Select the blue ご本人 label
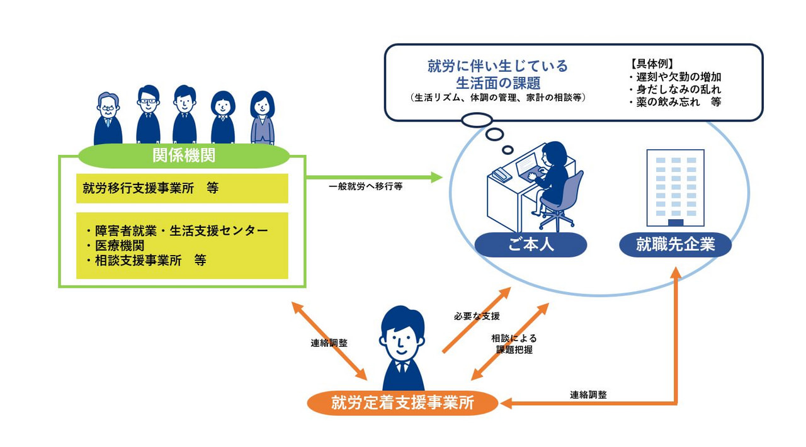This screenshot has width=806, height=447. [x=530, y=244]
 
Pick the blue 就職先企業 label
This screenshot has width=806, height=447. [x=675, y=244]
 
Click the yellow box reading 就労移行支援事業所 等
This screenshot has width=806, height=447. [x=182, y=188]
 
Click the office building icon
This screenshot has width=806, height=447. [x=675, y=188]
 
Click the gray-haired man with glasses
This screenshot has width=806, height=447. [x=108, y=119]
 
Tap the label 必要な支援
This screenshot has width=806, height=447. [x=477, y=315]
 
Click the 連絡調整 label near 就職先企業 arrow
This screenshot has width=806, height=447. [x=589, y=395]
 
